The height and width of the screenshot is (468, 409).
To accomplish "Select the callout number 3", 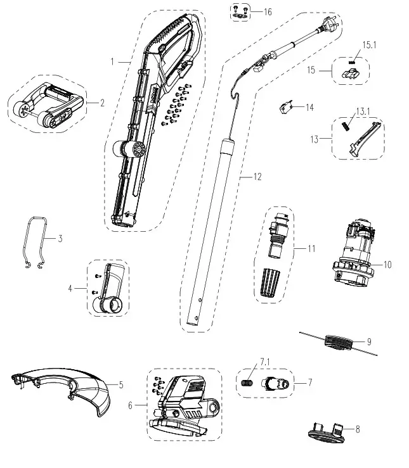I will (x=60, y=239).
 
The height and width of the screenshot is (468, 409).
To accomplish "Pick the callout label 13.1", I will (x=363, y=111).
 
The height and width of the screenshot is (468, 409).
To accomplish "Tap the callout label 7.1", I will (x=264, y=362).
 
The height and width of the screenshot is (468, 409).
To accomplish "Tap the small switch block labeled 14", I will (x=285, y=108).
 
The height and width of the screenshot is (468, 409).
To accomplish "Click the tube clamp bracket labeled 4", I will (x=110, y=288).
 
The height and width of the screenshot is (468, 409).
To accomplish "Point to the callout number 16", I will (x=267, y=12).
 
